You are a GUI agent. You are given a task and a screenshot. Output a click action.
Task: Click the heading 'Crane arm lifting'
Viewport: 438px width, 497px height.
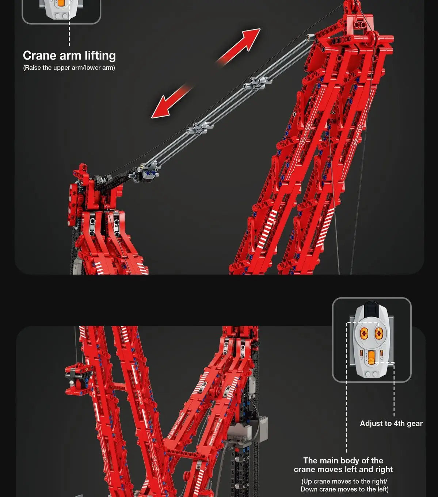click(69, 56)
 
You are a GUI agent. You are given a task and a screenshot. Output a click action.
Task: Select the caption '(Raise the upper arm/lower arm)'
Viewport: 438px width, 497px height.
click(69, 68)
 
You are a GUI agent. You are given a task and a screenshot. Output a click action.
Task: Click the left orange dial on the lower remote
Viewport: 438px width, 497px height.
click(364, 333)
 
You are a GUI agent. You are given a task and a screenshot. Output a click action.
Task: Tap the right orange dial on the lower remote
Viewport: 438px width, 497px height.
click(379, 333)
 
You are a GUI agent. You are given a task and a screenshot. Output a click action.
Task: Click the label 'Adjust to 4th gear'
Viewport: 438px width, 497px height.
click(391, 424)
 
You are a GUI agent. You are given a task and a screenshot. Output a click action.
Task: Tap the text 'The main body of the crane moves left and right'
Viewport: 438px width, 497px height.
click(343, 465)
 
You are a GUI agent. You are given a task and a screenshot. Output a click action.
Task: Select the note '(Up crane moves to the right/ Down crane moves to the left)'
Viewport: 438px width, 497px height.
click(344, 485)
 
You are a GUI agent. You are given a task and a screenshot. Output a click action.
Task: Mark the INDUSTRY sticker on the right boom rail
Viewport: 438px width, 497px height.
click(357, 136)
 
